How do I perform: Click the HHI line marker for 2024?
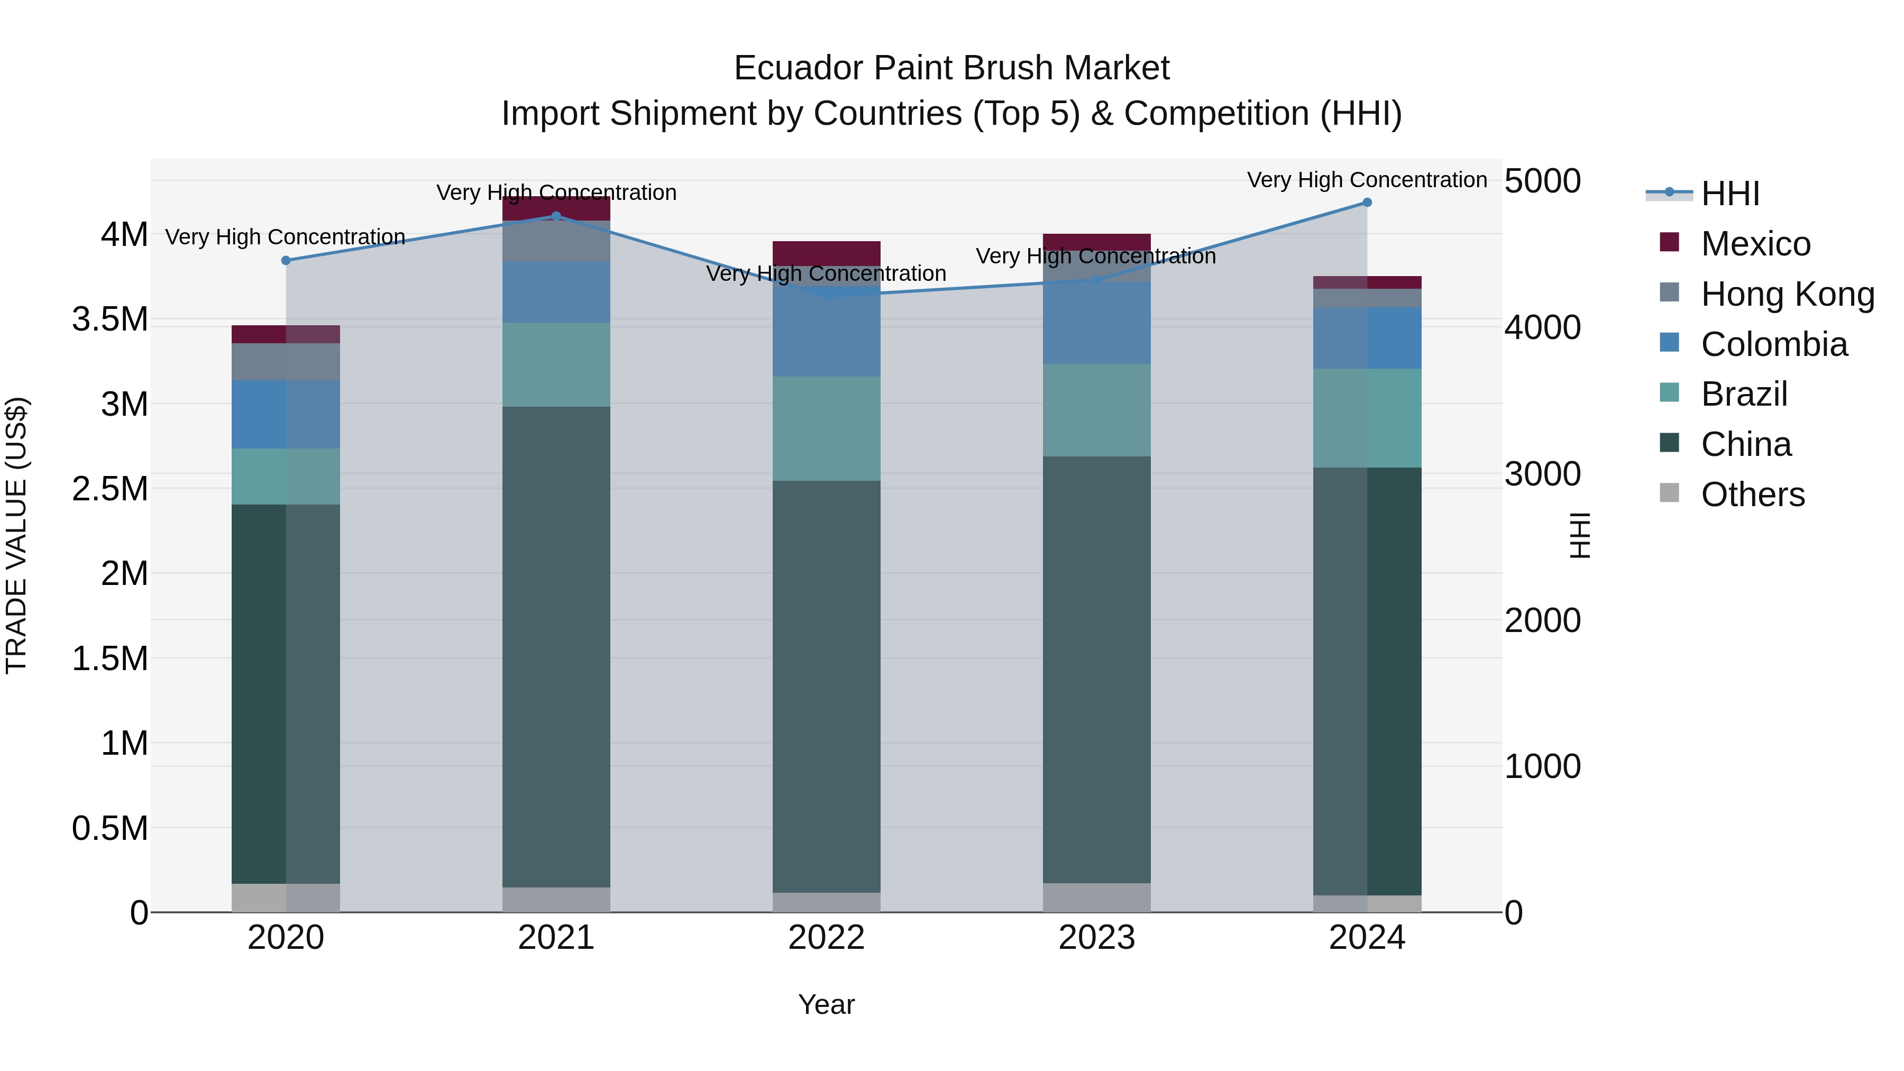point(1367,203)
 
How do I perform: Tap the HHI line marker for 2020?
point(286,260)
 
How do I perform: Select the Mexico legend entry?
point(1755,244)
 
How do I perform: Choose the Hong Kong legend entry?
point(1787,294)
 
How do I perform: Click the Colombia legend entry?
point(1773,344)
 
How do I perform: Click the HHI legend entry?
point(1729,194)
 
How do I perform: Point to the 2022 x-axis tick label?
point(826,938)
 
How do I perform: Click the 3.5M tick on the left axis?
point(110,319)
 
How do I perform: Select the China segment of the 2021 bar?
point(556,647)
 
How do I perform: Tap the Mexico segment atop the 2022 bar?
point(826,253)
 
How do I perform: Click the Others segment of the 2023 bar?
point(1096,898)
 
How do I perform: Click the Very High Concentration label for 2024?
point(1367,180)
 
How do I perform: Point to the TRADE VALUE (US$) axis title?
point(16,535)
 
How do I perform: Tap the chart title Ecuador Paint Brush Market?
point(951,68)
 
